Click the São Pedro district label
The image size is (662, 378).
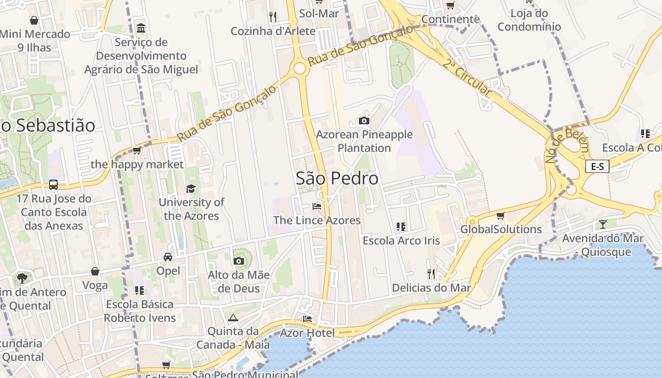(x=337, y=178)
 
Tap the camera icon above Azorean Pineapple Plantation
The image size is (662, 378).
(x=364, y=120)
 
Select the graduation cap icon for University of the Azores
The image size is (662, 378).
(x=191, y=189)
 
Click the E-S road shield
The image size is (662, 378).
(x=597, y=166)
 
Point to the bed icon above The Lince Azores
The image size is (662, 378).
(x=317, y=206)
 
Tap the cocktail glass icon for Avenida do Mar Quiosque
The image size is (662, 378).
(x=602, y=224)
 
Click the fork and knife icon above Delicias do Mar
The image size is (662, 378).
(x=431, y=274)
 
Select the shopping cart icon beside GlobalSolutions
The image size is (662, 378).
(x=501, y=216)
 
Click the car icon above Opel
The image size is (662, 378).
(x=168, y=257)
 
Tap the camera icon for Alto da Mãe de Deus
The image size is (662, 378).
(x=239, y=261)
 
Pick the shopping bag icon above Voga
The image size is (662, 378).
(x=95, y=271)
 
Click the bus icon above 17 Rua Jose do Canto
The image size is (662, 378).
(x=53, y=185)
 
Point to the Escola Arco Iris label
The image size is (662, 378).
(x=401, y=241)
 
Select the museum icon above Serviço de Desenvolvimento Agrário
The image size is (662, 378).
(x=141, y=28)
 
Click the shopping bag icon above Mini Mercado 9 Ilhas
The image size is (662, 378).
(x=34, y=20)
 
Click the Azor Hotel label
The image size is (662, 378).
(x=307, y=333)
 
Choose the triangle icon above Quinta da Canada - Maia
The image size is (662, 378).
(x=233, y=318)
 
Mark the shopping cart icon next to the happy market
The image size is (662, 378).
(x=137, y=151)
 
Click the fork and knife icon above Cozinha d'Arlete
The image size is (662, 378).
(x=272, y=17)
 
